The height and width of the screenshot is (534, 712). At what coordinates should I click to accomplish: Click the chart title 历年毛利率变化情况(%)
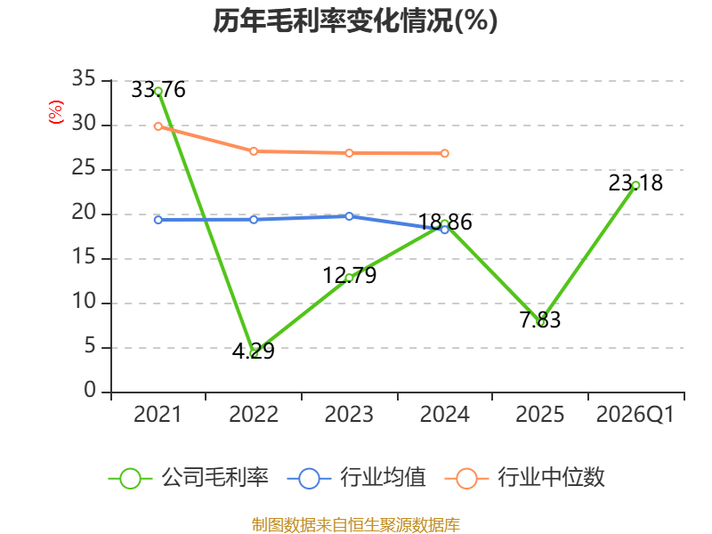click(x=355, y=20)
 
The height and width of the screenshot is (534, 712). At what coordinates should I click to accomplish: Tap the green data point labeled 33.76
click(x=158, y=92)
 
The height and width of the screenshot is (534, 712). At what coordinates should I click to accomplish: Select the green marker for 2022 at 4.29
click(x=254, y=353)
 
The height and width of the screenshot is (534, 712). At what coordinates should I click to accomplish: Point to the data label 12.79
click(x=349, y=275)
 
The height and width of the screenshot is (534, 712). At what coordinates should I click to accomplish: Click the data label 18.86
click(x=444, y=222)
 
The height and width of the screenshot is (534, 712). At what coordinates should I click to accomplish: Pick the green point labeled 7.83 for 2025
click(x=540, y=322)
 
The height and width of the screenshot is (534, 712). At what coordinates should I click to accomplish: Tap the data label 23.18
click(x=635, y=183)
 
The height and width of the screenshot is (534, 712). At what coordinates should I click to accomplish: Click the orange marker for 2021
click(x=158, y=126)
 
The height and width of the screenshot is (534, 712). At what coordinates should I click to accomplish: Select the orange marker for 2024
click(x=444, y=153)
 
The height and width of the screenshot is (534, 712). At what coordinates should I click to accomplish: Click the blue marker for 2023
click(x=349, y=216)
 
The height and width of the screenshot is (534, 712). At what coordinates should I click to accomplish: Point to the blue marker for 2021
click(x=158, y=220)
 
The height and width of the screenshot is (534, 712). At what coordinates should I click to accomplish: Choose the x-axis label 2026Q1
click(x=635, y=415)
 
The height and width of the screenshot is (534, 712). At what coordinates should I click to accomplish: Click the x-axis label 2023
click(x=349, y=415)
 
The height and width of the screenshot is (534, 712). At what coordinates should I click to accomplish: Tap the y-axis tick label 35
click(x=84, y=79)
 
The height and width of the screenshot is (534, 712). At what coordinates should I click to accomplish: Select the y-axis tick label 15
click(x=84, y=257)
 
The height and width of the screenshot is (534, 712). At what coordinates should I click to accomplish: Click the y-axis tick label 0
click(x=90, y=391)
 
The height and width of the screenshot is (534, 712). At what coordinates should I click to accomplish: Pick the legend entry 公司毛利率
click(x=189, y=478)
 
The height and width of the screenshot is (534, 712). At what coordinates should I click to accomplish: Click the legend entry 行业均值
click(x=357, y=478)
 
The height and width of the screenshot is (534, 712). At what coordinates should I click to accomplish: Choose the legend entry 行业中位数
click(x=525, y=478)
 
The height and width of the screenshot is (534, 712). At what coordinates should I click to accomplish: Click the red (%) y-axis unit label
click(x=56, y=112)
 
